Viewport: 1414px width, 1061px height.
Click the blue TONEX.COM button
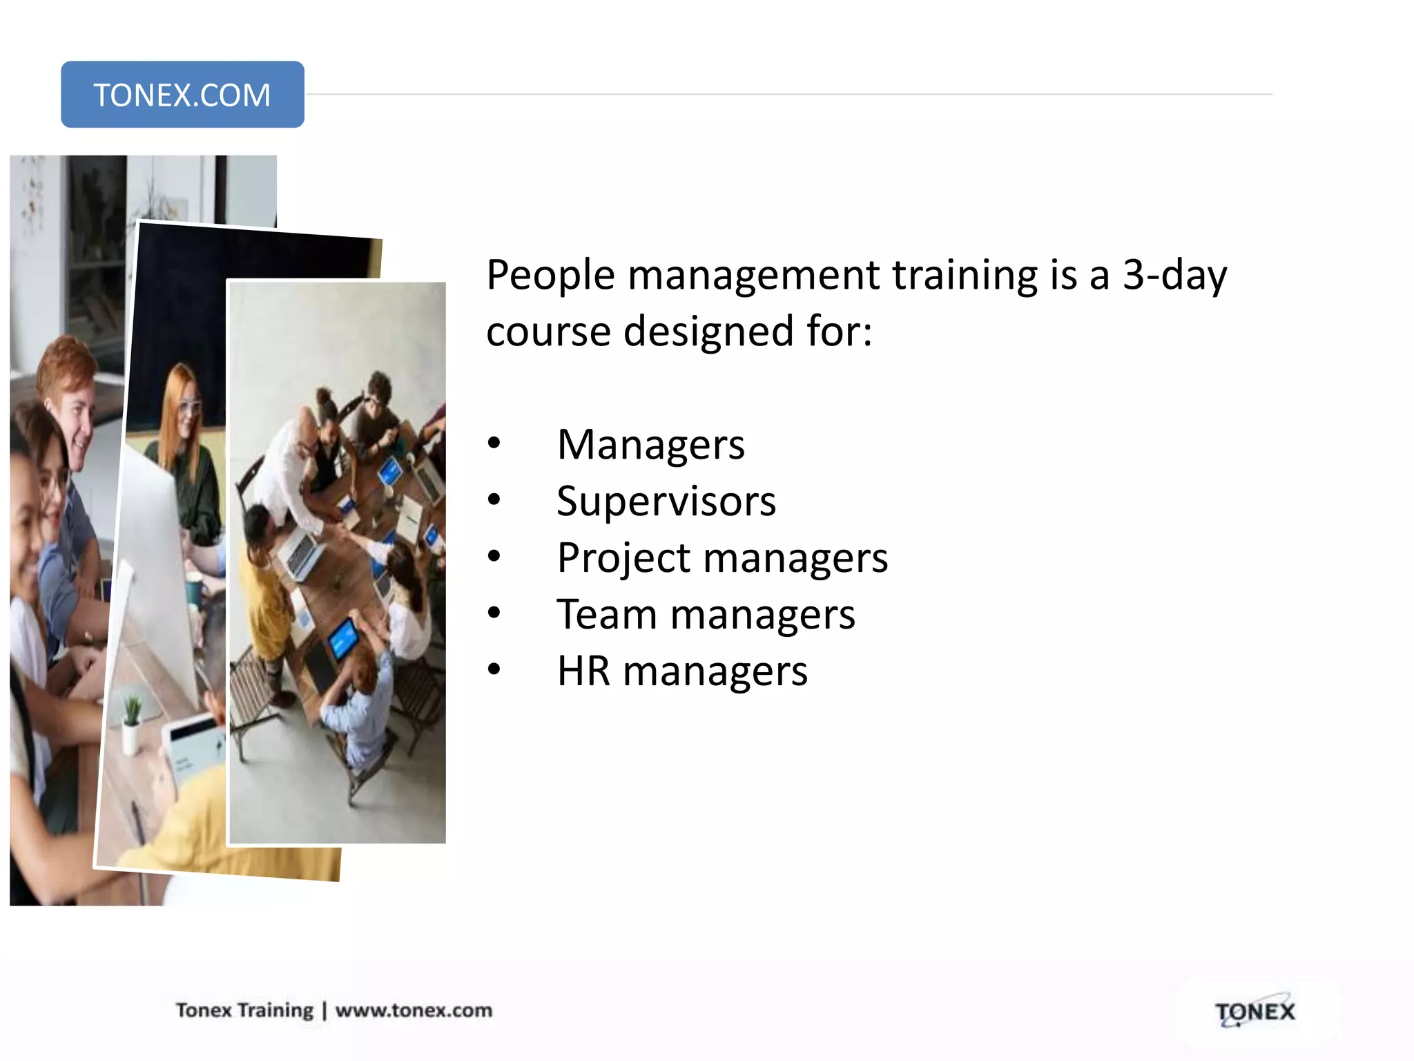pyautogui.click(x=182, y=95)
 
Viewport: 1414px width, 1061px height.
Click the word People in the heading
pyautogui.click(x=550, y=276)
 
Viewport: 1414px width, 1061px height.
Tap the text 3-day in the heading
pyautogui.click(x=1174, y=276)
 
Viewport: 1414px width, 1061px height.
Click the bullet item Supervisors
pyautogui.click(x=666, y=501)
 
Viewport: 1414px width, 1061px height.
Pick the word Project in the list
pyautogui.click(x=623, y=558)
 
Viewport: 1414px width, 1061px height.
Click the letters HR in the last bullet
pyautogui.click(x=583, y=671)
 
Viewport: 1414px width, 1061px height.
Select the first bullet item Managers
pyautogui.click(x=651, y=445)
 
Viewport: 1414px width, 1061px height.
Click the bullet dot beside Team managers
pyautogui.click(x=494, y=613)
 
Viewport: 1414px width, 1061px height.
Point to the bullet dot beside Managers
pyautogui.click(x=494, y=443)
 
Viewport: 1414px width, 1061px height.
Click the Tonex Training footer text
pyautogui.click(x=244, y=1011)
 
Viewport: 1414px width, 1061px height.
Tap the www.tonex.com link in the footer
pyautogui.click(x=414, y=1011)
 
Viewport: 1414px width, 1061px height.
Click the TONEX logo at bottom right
pyautogui.click(x=1255, y=1013)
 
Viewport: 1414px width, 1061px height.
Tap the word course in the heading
pyautogui.click(x=548, y=332)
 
